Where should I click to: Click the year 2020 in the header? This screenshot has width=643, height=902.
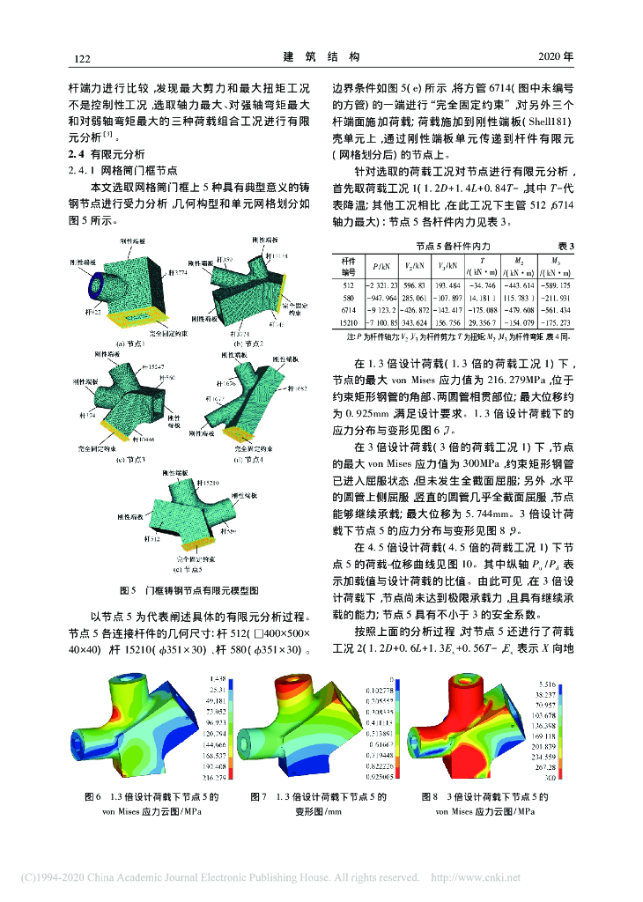click(x=555, y=58)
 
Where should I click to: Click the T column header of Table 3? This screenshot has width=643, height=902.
click(x=483, y=262)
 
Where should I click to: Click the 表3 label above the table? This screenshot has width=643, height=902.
click(x=565, y=246)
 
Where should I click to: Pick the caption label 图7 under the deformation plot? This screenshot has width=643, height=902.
click(x=259, y=796)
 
